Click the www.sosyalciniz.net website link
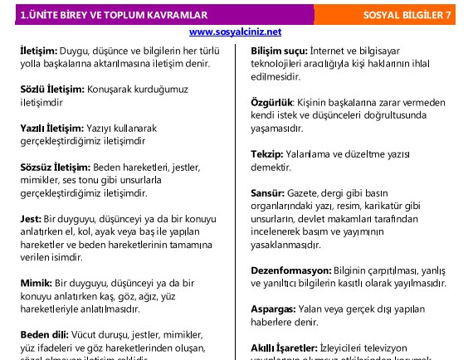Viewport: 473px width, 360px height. click(236, 32)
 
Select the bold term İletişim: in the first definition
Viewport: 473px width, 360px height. click(39, 51)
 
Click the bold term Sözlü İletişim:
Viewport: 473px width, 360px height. click(51, 89)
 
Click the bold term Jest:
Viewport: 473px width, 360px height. click(30, 218)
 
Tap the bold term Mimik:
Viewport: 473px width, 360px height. click(36, 283)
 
